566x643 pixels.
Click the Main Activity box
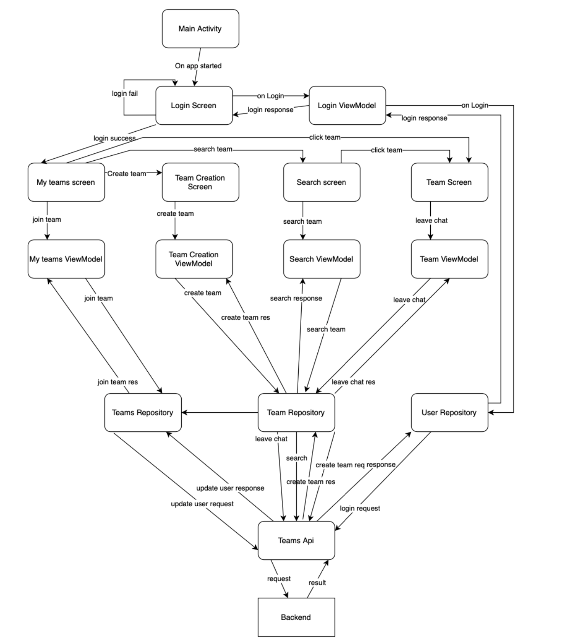200,29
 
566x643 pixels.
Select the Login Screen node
194,105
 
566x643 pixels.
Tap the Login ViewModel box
347,105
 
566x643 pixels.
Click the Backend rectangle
296,617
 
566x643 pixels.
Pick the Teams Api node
296,540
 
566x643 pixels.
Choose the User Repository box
449,412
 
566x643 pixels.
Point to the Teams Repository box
143,412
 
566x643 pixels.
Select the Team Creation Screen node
200,182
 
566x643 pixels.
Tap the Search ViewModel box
321,259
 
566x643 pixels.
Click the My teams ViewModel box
66,259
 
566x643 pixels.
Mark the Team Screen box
449,182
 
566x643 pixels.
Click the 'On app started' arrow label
198,66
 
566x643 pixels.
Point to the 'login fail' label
125,94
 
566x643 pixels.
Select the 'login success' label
115,138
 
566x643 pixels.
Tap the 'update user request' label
202,504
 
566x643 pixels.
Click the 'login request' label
360,508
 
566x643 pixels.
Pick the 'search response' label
296,298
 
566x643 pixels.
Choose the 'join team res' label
118,382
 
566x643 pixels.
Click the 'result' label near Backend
317,583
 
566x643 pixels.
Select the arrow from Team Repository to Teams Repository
219,412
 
